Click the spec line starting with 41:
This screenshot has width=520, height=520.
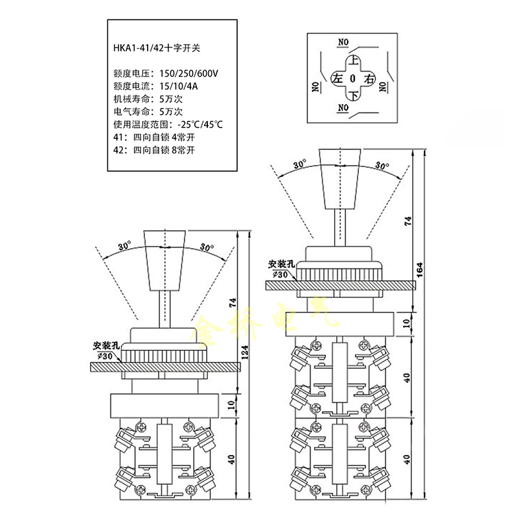pyautogui.click(x=154, y=137)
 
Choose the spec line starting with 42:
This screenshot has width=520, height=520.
pyautogui.click(x=154, y=149)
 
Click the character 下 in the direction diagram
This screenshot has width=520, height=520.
pyautogui.click(x=353, y=96)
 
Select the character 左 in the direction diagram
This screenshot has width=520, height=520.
pyautogui.click(x=337, y=79)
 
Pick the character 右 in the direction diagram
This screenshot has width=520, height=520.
pyautogui.click(x=370, y=79)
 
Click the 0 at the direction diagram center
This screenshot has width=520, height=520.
pyautogui.click(x=353, y=79)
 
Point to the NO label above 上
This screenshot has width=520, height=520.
pyautogui.click(x=344, y=43)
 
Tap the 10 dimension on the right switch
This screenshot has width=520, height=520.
pyautogui.click(x=407, y=323)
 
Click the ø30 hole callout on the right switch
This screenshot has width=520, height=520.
pyautogui.click(x=279, y=274)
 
